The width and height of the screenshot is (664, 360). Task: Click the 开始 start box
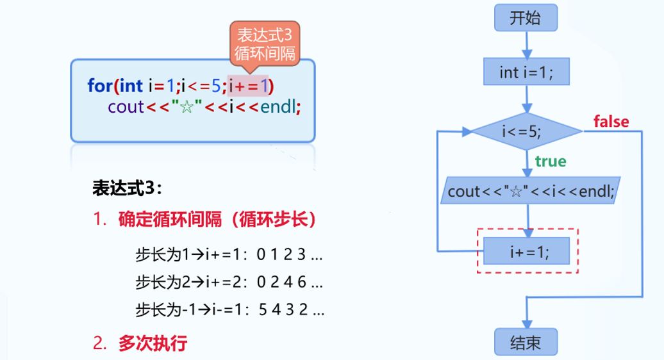(526, 19)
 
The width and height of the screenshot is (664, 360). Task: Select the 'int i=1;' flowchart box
(526, 72)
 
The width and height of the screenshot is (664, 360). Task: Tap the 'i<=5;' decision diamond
(526, 132)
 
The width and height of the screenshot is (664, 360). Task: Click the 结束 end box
(526, 343)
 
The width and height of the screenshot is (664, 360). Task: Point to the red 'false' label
(611, 121)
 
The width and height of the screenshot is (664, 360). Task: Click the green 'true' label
(551, 161)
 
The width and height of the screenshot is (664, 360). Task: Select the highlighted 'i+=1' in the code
(251, 85)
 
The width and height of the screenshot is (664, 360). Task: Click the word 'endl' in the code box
(278, 106)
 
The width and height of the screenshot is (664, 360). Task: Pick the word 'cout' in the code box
(126, 106)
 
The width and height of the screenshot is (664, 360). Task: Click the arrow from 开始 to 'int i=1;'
(526, 44)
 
